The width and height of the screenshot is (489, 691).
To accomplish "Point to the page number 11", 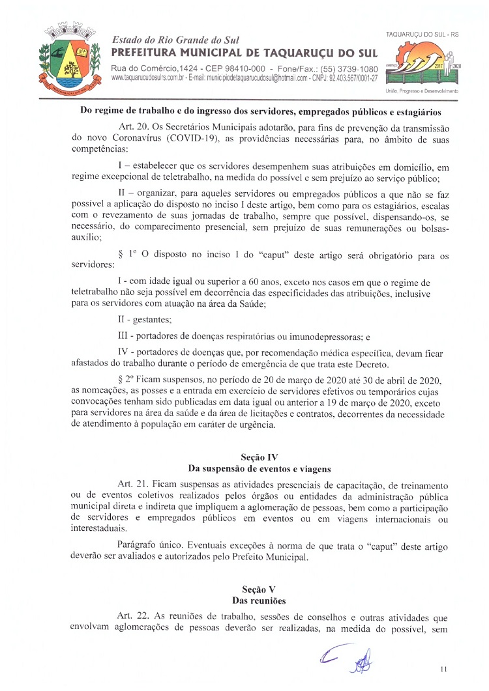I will tap(444, 668).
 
